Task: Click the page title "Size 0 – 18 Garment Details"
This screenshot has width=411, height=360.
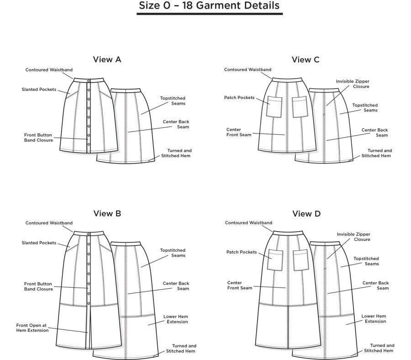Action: [209, 6]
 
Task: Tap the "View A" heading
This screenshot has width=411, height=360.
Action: [107, 59]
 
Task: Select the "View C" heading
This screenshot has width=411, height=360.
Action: [306, 59]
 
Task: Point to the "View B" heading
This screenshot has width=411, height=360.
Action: [107, 213]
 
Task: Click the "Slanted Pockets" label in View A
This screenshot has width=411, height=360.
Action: [39, 90]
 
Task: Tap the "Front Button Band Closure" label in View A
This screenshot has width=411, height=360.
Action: [38, 138]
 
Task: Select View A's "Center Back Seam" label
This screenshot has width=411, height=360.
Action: [176, 124]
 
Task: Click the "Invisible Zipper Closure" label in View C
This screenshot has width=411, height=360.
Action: [353, 84]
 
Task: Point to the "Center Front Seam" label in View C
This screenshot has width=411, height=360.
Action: [239, 132]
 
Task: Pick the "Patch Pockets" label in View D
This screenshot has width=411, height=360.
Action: [242, 252]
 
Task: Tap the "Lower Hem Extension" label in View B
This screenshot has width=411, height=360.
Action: [175, 319]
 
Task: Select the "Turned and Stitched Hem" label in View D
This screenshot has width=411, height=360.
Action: [379, 348]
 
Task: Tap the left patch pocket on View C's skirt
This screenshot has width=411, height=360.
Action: [275, 106]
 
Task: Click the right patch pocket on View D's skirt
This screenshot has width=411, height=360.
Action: [301, 259]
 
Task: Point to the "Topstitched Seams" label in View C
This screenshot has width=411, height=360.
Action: [365, 108]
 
